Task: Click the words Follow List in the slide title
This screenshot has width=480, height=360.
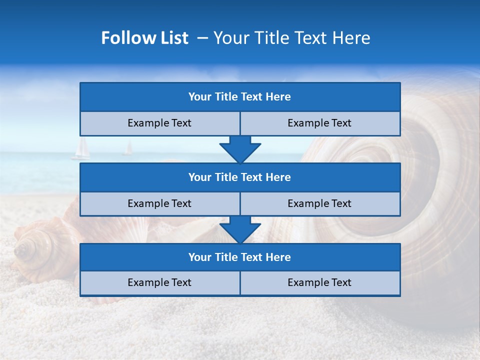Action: click(144, 38)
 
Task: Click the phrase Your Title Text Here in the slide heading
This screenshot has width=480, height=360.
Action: click(291, 38)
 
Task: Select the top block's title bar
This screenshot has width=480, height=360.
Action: click(240, 97)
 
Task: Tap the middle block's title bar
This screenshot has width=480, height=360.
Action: click(240, 177)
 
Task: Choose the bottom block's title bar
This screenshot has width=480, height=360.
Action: click(240, 257)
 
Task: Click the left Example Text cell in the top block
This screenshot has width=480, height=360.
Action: click(159, 123)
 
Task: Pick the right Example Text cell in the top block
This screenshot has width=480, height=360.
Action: click(320, 123)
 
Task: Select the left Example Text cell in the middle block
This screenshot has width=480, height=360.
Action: click(159, 204)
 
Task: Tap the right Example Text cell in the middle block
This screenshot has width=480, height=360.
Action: click(320, 204)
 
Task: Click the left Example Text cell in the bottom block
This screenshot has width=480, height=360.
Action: click(159, 283)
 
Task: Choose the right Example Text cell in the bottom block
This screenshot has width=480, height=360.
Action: click(320, 283)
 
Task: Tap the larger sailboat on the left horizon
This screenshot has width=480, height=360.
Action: click(81, 149)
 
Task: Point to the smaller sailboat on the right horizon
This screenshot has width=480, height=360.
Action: click(128, 148)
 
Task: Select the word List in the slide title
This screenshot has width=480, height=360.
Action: click(174, 38)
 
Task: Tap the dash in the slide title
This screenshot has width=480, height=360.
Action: click(203, 38)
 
